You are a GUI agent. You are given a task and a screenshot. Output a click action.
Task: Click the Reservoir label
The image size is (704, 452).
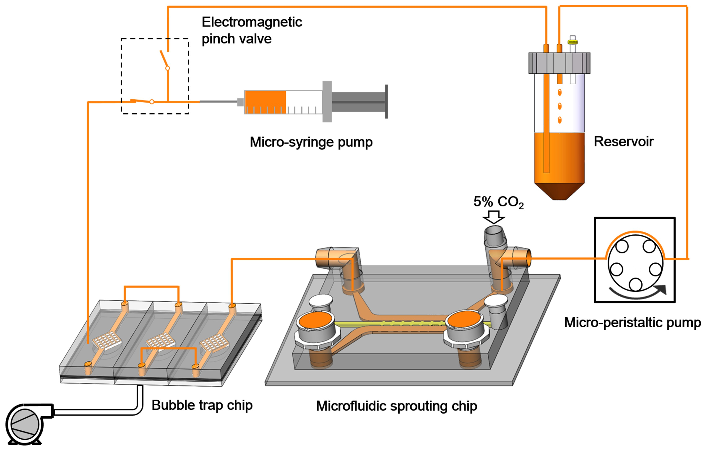[623, 141]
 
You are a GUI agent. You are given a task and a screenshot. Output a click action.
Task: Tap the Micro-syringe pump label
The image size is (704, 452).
[311, 142]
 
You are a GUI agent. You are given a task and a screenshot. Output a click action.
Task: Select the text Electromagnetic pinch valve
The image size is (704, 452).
[252, 30]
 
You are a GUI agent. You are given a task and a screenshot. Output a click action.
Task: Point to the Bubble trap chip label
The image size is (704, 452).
[202, 405]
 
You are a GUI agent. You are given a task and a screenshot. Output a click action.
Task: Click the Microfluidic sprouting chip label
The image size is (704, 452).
[396, 406]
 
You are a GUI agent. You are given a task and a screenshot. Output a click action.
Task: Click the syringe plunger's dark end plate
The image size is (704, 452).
[386, 102]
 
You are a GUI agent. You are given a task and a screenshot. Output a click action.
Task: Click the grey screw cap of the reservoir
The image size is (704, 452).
[559, 63]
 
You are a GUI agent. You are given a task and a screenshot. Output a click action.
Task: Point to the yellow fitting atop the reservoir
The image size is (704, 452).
[572, 42]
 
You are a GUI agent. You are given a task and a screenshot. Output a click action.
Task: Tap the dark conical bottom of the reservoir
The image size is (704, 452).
[559, 191]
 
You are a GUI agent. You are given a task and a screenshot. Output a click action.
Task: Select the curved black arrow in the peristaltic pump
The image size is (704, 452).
[636, 294]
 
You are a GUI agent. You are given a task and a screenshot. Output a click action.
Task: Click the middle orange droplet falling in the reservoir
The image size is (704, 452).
[559, 106]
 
